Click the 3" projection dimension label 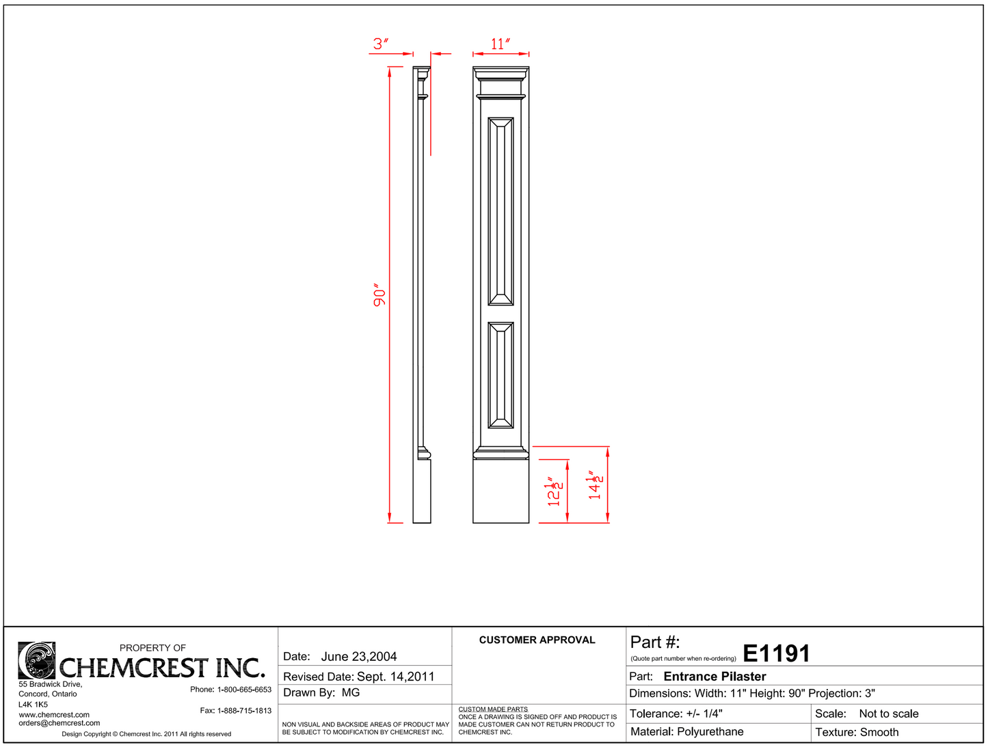(x=381, y=44)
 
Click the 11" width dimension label (x=500, y=44)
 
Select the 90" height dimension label (x=379, y=295)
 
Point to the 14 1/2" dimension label (x=596, y=485)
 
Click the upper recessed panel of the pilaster (x=500, y=210)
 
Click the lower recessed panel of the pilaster (x=500, y=375)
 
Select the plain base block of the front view (x=500, y=491)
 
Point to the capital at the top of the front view (x=500, y=81)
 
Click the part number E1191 (x=776, y=653)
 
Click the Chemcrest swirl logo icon (x=36, y=660)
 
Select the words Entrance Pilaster (x=715, y=677)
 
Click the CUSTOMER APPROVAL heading (x=537, y=640)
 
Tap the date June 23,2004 (x=359, y=657)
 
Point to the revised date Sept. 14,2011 (x=396, y=677)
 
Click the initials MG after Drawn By (x=351, y=693)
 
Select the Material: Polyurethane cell (x=686, y=732)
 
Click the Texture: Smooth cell (x=857, y=732)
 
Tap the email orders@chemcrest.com (x=59, y=723)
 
